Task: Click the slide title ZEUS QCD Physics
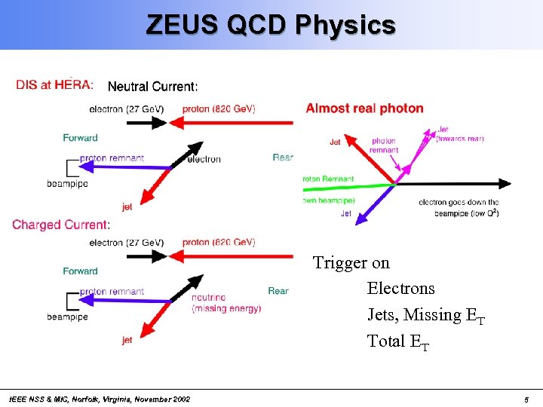click(x=271, y=25)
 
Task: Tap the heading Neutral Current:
click(x=153, y=87)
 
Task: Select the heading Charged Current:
click(x=61, y=225)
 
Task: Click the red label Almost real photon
click(x=364, y=109)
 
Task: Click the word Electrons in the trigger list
click(x=400, y=289)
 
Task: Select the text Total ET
click(x=398, y=341)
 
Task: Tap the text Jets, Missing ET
click(x=425, y=315)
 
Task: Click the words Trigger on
click(x=351, y=262)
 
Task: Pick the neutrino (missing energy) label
click(x=226, y=303)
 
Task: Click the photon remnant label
click(x=384, y=145)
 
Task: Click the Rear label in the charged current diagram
click(x=278, y=291)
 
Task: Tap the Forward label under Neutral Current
click(x=80, y=138)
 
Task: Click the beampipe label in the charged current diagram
click(x=67, y=317)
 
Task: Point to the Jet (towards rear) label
click(x=459, y=134)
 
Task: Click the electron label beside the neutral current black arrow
click(x=204, y=159)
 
